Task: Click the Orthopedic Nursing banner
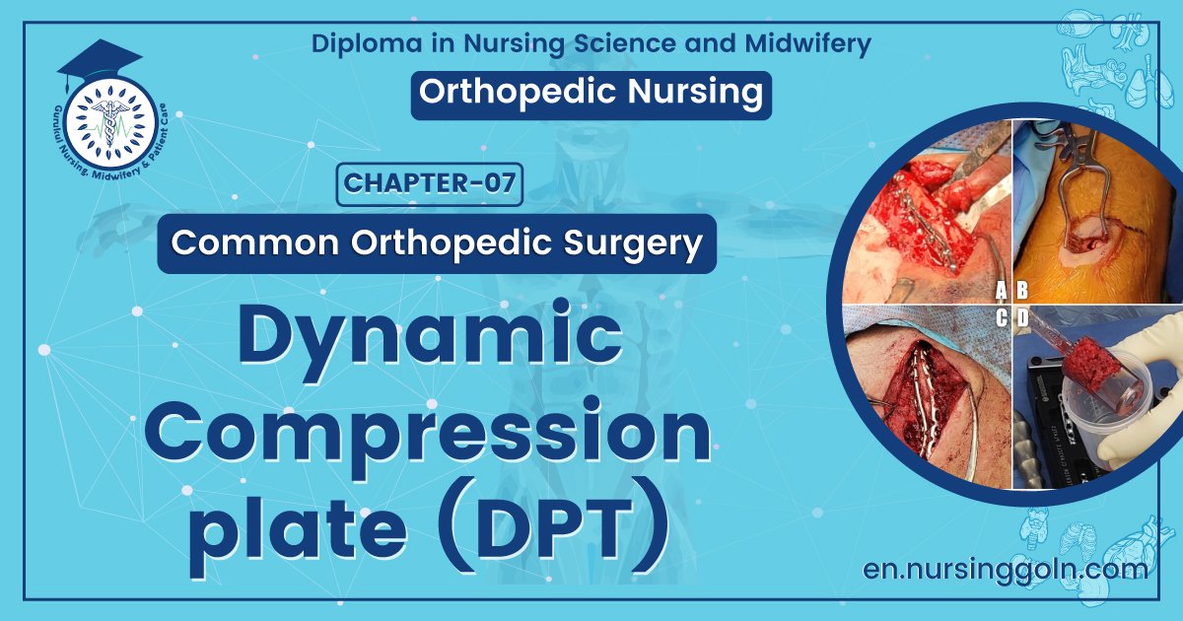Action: (x=591, y=92)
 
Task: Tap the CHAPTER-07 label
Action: (x=430, y=184)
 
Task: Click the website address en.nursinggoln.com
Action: (x=1005, y=569)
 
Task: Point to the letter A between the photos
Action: (x=1002, y=290)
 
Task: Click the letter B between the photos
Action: (x=1022, y=290)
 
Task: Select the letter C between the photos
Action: (x=1002, y=317)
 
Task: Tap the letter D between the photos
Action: (x=1022, y=317)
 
